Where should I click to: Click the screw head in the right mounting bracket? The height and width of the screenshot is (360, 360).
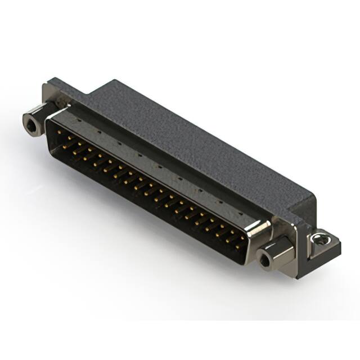[320, 240]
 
